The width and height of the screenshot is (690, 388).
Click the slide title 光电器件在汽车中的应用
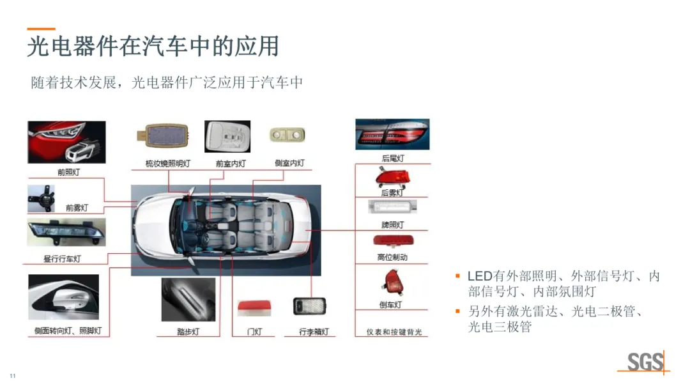click(153, 47)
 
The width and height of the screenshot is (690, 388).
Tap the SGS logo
click(645, 362)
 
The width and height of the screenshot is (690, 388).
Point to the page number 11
click(12, 375)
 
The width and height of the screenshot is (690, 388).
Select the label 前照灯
click(70, 172)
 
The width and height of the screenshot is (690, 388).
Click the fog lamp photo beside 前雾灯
click(41, 198)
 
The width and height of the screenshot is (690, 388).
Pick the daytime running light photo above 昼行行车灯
click(66, 232)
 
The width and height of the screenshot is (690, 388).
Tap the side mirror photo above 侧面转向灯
click(63, 297)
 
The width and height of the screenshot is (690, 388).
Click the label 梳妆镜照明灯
click(168, 164)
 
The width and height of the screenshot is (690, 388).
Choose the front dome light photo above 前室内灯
click(227, 137)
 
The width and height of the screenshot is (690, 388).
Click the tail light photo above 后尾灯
click(392, 134)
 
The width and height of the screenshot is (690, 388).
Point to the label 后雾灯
click(392, 192)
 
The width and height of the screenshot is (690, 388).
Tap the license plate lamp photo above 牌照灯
click(392, 206)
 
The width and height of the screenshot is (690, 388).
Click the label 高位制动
click(392, 258)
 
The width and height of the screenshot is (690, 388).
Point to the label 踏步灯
click(188, 332)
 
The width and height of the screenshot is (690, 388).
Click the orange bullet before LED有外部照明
click(457, 276)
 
